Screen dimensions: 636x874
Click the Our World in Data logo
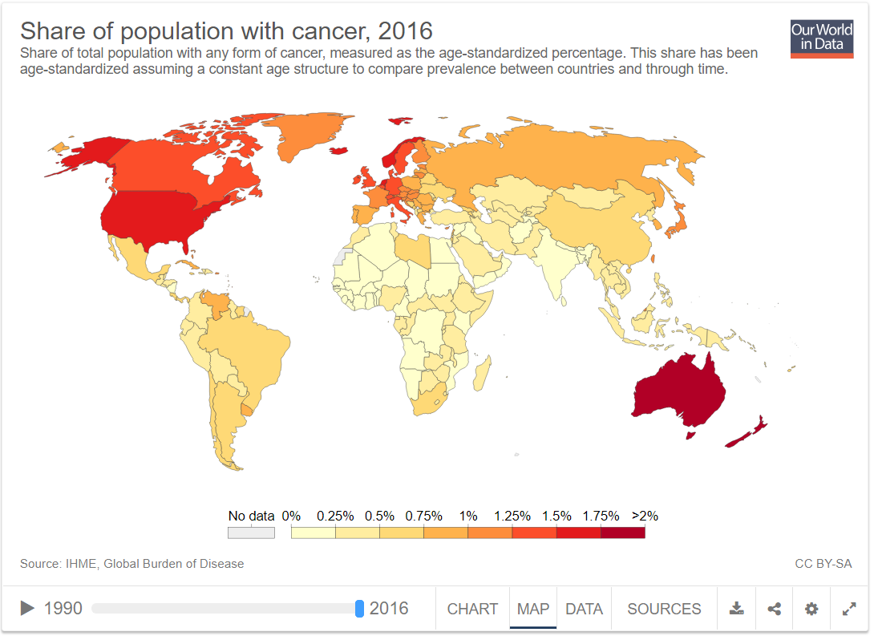(x=822, y=38)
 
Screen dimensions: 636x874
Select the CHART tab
(x=472, y=609)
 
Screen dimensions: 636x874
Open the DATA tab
(x=584, y=609)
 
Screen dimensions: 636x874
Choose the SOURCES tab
(x=664, y=609)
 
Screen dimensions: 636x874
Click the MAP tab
(x=533, y=609)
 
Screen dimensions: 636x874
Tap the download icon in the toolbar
(x=736, y=609)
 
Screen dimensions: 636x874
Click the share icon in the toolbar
(x=774, y=609)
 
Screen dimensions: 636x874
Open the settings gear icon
(x=811, y=609)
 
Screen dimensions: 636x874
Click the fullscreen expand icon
(x=849, y=609)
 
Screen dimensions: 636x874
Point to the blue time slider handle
(x=359, y=609)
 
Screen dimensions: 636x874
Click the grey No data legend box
(x=251, y=533)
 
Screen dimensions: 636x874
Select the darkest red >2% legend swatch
(x=623, y=533)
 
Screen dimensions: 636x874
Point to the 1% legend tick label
(x=468, y=516)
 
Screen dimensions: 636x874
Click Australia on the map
(x=680, y=389)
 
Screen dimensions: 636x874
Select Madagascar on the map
(x=483, y=374)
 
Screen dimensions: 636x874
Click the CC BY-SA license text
(x=823, y=564)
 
